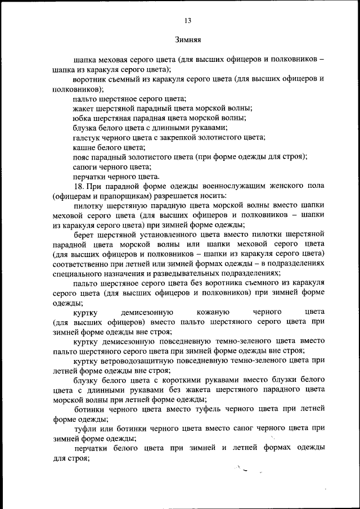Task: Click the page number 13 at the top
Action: (188, 21)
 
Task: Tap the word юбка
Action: (82, 118)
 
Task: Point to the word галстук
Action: (87, 137)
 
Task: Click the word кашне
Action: (84, 147)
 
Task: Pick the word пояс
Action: (82, 157)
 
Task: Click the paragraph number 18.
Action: (78, 186)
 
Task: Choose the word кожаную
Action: (211, 312)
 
